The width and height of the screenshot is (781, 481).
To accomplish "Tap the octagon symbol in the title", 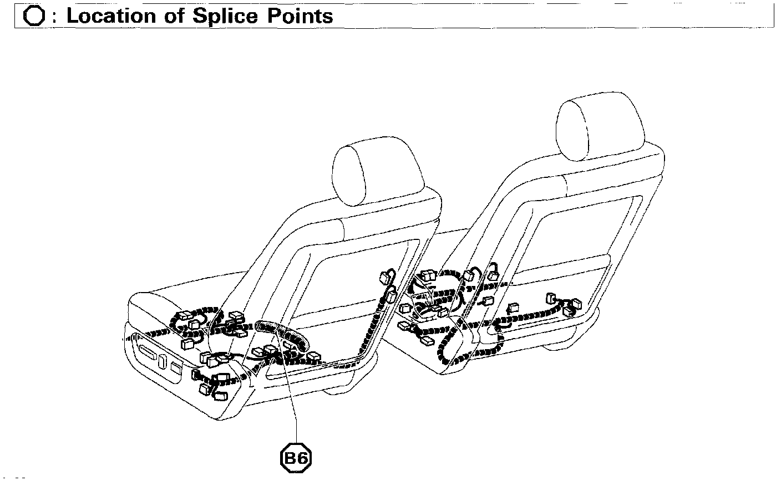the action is [x=34, y=16].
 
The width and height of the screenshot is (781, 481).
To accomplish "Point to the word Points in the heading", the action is [x=300, y=16].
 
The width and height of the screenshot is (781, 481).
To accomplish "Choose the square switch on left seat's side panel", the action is [x=177, y=368].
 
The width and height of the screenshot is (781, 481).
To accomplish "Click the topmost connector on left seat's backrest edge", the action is [x=386, y=275].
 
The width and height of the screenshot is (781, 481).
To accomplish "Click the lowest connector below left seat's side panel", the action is [x=220, y=396].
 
